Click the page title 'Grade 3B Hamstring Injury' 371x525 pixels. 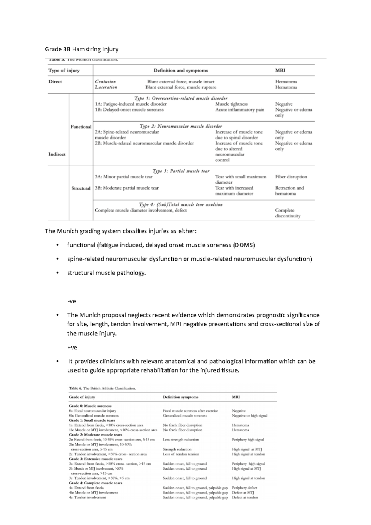[82, 49]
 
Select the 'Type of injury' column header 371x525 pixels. [64, 70]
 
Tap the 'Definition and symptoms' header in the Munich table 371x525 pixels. [181, 70]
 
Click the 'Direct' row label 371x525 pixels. [55, 82]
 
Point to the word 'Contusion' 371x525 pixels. [105, 82]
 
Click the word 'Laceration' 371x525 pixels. [106, 87]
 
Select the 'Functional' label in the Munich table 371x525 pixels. [81, 127]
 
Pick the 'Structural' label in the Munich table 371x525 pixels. [81, 188]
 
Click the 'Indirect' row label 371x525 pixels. [57, 154]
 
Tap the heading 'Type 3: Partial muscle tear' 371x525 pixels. [181, 171]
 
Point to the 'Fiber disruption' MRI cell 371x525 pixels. [291, 177]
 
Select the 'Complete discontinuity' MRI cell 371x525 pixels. [288, 213]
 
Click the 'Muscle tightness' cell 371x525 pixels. [231, 104]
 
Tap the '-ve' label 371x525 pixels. [72, 301]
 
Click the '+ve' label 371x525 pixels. [72, 347]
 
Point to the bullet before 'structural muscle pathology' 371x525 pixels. [57, 273]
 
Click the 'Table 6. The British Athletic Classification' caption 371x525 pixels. [102, 388]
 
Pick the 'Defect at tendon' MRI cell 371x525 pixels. [245, 497]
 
